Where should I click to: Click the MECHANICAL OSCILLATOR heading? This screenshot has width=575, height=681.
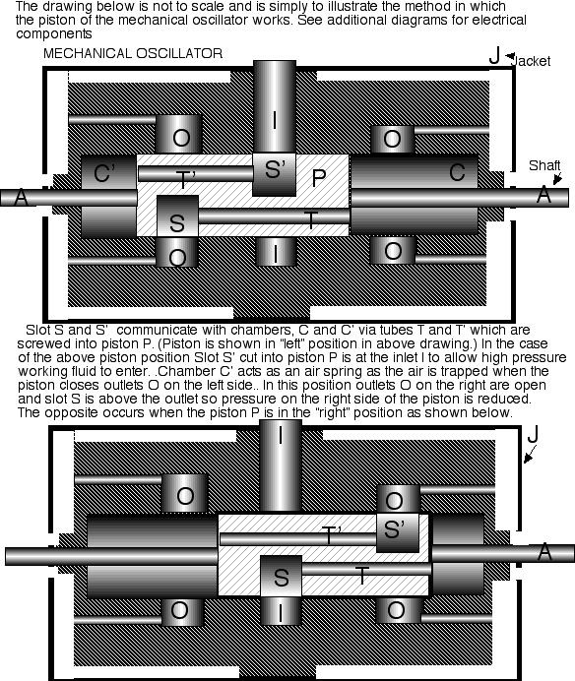[133, 51]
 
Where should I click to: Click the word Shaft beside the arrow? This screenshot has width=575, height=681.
[543, 165]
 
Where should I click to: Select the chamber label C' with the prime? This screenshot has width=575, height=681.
[106, 175]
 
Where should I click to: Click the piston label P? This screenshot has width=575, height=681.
[318, 178]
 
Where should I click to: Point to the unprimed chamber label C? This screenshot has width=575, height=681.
[456, 173]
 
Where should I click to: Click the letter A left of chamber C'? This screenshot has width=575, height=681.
[20, 198]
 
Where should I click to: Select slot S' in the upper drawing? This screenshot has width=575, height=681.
[274, 169]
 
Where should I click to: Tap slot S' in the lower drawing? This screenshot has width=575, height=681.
[396, 530]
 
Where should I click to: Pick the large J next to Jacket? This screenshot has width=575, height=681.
[495, 55]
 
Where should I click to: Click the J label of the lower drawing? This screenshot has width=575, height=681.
[532, 434]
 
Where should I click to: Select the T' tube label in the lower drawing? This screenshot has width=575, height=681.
[333, 535]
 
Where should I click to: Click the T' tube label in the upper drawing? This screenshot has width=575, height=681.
[187, 178]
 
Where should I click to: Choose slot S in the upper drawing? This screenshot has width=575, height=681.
[177, 222]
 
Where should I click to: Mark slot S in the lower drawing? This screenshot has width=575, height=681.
[280, 576]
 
